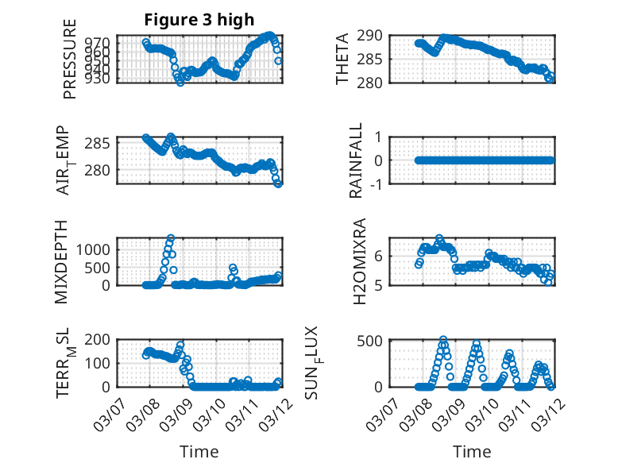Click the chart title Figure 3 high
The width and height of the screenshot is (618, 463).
coord(199,20)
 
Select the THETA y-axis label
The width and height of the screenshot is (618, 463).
coord(342,59)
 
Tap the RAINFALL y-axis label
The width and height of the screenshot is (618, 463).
coord(357,160)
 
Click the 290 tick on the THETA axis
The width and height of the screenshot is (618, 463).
coord(373,36)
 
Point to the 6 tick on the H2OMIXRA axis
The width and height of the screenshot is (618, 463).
coord(380,256)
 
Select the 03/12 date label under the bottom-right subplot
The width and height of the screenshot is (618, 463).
coord(543,412)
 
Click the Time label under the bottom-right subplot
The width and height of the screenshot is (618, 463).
coord(472,452)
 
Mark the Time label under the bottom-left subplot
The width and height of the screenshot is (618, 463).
coord(199,452)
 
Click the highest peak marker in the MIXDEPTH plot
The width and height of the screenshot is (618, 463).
coord(170,237)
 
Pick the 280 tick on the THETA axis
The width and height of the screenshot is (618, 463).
coord(373,83)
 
